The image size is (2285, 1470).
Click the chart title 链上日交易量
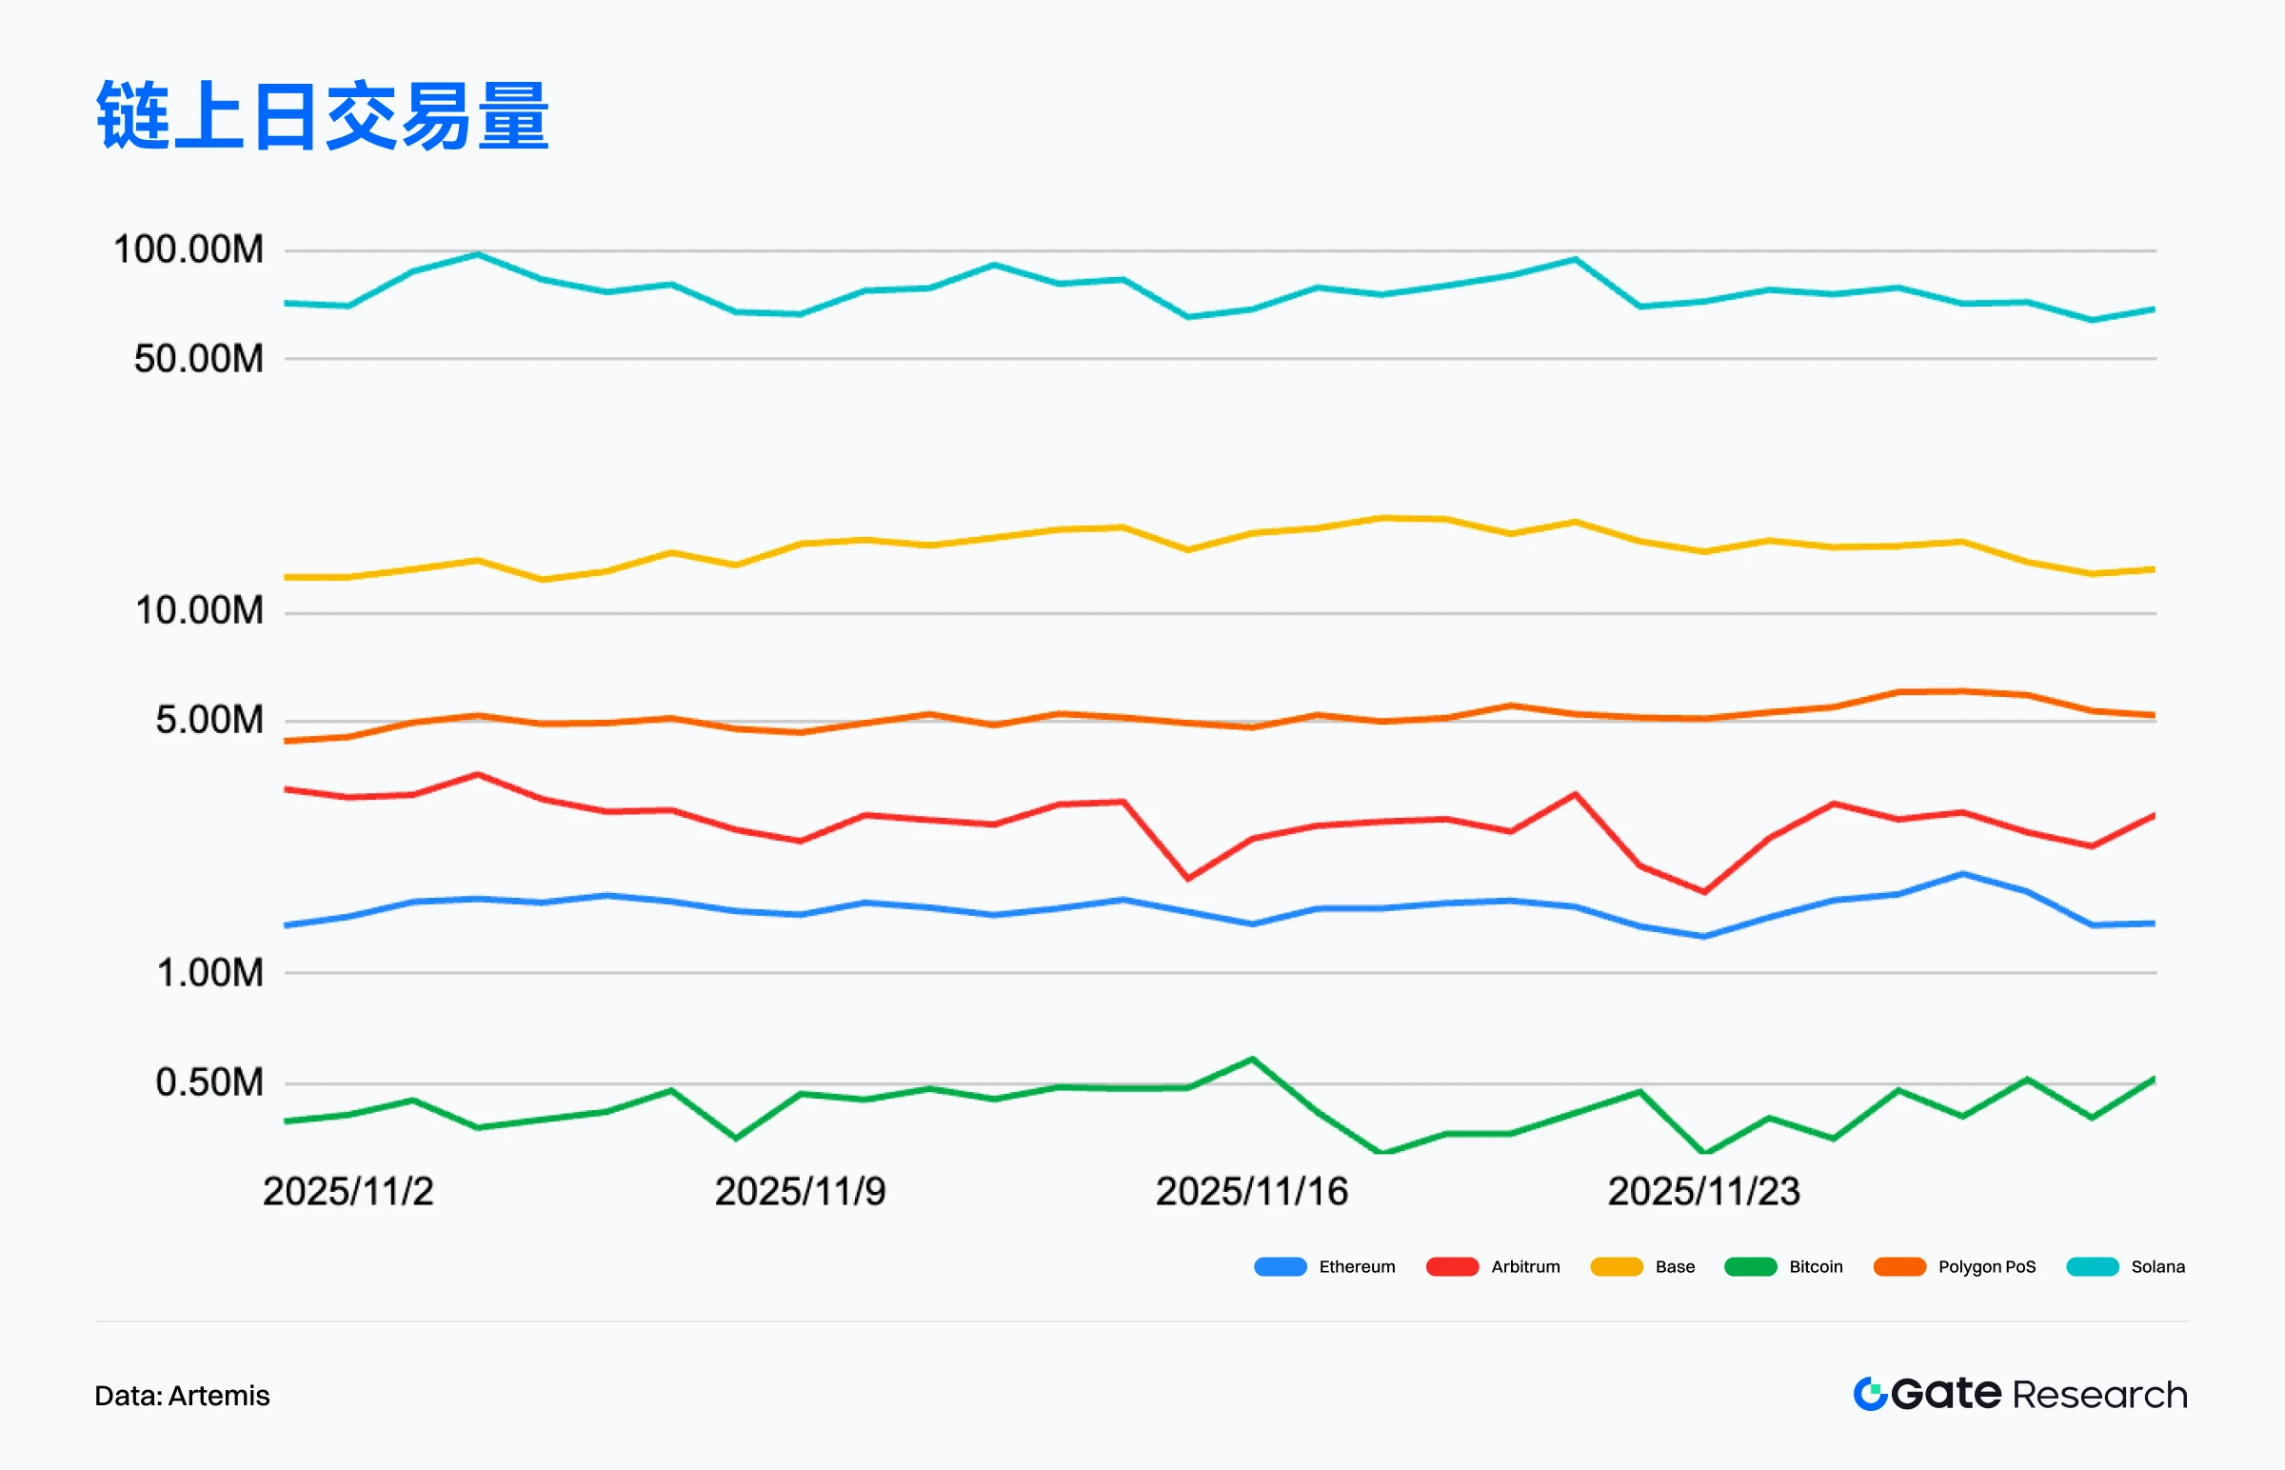point(323,116)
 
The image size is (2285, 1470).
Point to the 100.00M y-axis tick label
point(188,250)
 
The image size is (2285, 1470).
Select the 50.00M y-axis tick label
point(199,360)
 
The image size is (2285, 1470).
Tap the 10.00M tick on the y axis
point(199,611)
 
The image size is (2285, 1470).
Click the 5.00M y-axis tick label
point(209,721)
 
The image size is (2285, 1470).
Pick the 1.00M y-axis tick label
point(209,974)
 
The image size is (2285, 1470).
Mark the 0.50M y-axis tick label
point(209,1083)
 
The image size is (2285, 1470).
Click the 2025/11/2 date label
point(348,1192)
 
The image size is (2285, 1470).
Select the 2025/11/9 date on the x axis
point(800,1192)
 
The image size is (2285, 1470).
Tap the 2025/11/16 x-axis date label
point(1251,1192)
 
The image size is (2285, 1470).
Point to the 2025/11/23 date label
point(1703,1192)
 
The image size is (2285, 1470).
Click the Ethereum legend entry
point(1357,1267)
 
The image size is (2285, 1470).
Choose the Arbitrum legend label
point(1525,1267)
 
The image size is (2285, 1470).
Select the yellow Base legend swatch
point(1616,1267)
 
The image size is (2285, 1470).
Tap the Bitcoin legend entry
point(1816,1267)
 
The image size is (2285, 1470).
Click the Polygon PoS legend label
point(1986,1267)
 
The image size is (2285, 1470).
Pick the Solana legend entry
point(2157,1267)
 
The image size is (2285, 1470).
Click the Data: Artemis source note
point(182,1397)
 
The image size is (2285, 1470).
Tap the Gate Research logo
point(2020,1395)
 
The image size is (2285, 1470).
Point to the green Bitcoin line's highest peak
point(1251,1059)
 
